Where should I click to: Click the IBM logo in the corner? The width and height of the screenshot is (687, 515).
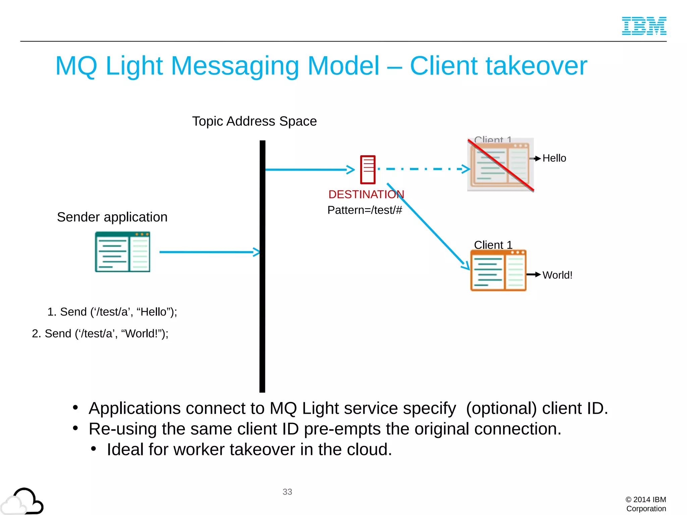click(644, 26)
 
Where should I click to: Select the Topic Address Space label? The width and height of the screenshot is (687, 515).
click(254, 121)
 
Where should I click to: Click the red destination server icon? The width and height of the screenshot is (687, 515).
click(368, 170)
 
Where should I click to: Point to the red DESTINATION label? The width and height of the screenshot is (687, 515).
click(366, 194)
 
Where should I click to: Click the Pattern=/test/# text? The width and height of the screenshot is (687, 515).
click(365, 210)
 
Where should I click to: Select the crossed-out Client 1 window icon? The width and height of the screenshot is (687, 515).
click(500, 164)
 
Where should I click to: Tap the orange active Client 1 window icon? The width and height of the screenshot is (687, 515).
click(498, 271)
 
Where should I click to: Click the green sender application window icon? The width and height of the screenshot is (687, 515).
click(122, 252)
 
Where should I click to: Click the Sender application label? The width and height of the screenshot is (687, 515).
click(112, 217)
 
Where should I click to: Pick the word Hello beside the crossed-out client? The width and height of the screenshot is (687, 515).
click(554, 158)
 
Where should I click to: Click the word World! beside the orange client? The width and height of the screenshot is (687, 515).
click(557, 275)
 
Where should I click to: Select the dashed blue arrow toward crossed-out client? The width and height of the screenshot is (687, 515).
click(423, 169)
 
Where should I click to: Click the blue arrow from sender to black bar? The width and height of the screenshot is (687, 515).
click(208, 252)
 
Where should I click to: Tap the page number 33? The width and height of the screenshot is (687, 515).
click(287, 492)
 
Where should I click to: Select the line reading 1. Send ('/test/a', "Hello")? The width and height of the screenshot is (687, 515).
click(112, 312)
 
